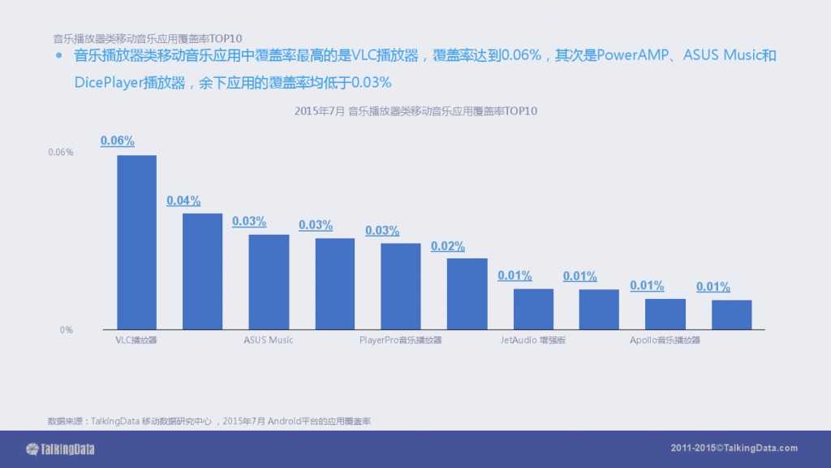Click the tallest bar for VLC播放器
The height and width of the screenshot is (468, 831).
[136, 242]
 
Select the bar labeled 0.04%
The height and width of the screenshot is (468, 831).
[202, 271]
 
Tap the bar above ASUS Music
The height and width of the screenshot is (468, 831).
[269, 282]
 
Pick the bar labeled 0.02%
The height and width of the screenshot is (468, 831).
[467, 294]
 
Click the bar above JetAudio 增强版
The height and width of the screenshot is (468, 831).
[533, 309]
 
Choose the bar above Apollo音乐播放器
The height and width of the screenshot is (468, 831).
[665, 314]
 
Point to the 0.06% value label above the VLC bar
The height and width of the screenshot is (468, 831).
[118, 141]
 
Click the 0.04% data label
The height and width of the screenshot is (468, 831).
[183, 201]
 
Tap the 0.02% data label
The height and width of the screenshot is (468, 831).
[448, 246]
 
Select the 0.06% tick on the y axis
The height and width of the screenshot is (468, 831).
[61, 152]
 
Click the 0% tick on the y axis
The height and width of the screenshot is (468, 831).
[66, 330]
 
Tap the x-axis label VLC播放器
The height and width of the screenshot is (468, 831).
[136, 340]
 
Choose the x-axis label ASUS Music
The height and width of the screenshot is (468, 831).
[269, 340]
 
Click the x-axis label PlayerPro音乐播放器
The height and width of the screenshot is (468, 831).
[401, 340]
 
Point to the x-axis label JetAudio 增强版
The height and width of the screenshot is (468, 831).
[533, 340]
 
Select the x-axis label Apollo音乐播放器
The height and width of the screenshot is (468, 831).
[665, 340]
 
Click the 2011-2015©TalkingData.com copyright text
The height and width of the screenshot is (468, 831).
[734, 448]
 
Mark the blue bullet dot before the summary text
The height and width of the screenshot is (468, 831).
[58, 56]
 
